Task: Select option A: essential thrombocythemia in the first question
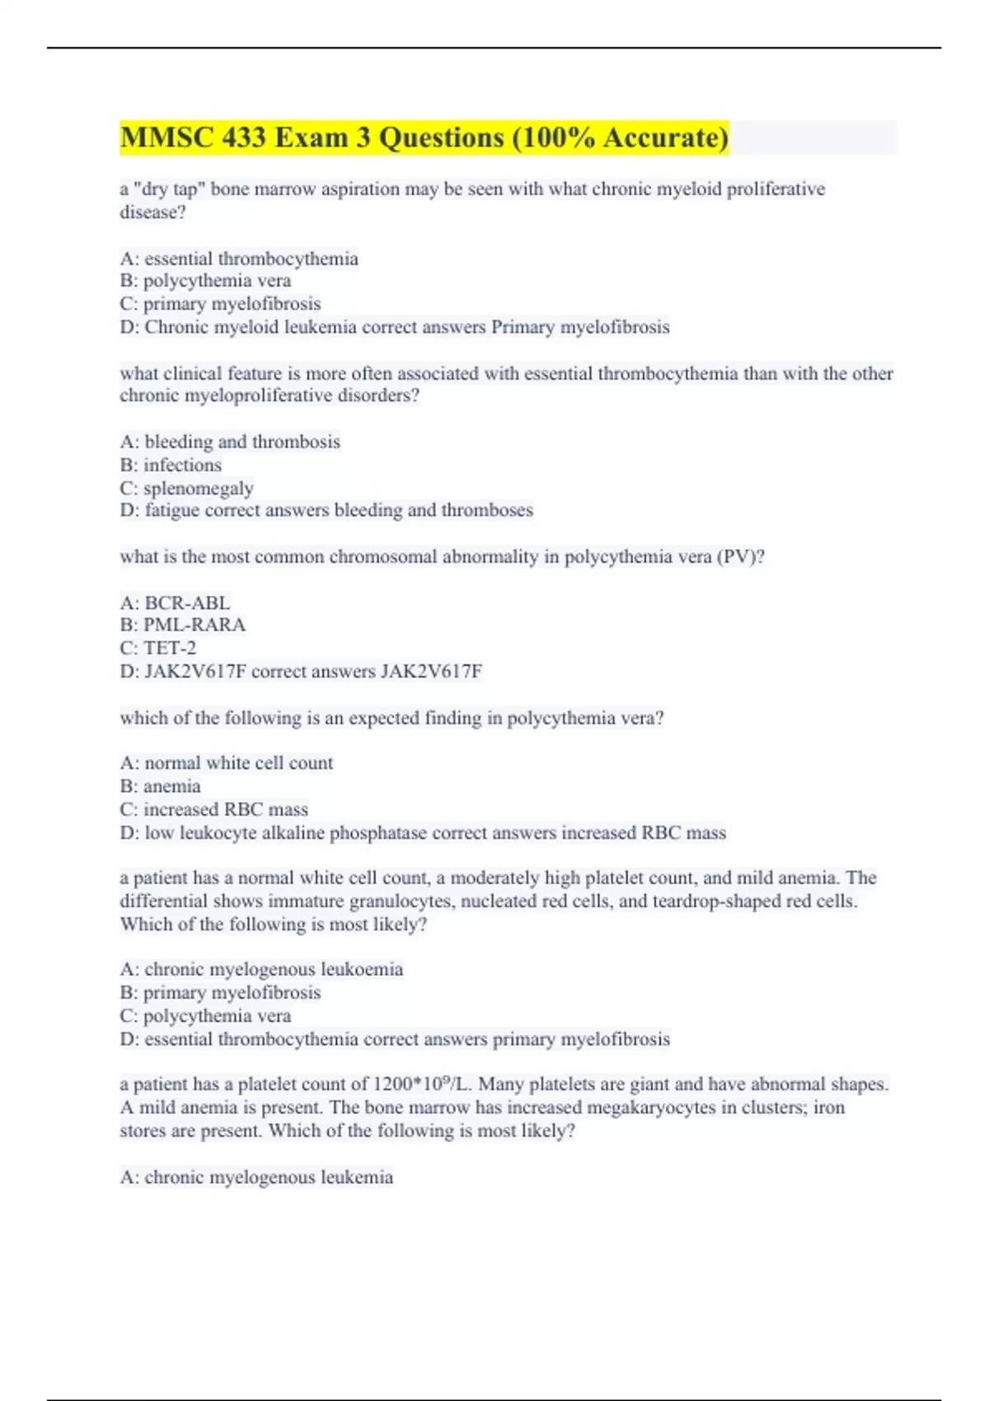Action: coord(239,259)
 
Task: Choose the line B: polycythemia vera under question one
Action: coord(205,281)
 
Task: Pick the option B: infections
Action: coord(171,465)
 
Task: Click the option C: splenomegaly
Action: coord(187,488)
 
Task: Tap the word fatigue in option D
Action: coord(171,510)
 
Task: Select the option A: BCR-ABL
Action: coord(175,602)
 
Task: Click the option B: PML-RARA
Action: coord(183,625)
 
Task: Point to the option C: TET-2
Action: coord(158,648)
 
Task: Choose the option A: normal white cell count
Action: coord(227,763)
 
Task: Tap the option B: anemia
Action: coord(161,786)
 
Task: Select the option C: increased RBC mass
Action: coord(214,809)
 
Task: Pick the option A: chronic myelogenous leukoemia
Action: coord(261,969)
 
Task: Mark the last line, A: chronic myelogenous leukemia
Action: coord(256,1177)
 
